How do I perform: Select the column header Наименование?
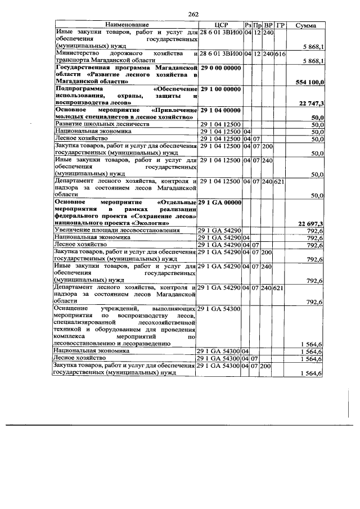pyautogui.click(x=126, y=26)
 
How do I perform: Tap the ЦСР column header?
pyautogui.click(x=220, y=26)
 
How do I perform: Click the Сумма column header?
pyautogui.click(x=305, y=26)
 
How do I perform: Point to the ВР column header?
pyautogui.click(x=268, y=26)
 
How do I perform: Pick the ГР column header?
pyautogui.click(x=281, y=26)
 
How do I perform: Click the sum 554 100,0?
pyautogui.click(x=309, y=82)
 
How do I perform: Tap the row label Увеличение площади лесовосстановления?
pyautogui.click(x=116, y=231)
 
